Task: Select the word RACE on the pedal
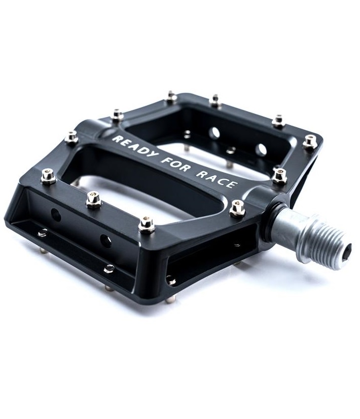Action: pos(217,178)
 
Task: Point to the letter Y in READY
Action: pos(153,155)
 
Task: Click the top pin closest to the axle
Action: pos(237,208)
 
